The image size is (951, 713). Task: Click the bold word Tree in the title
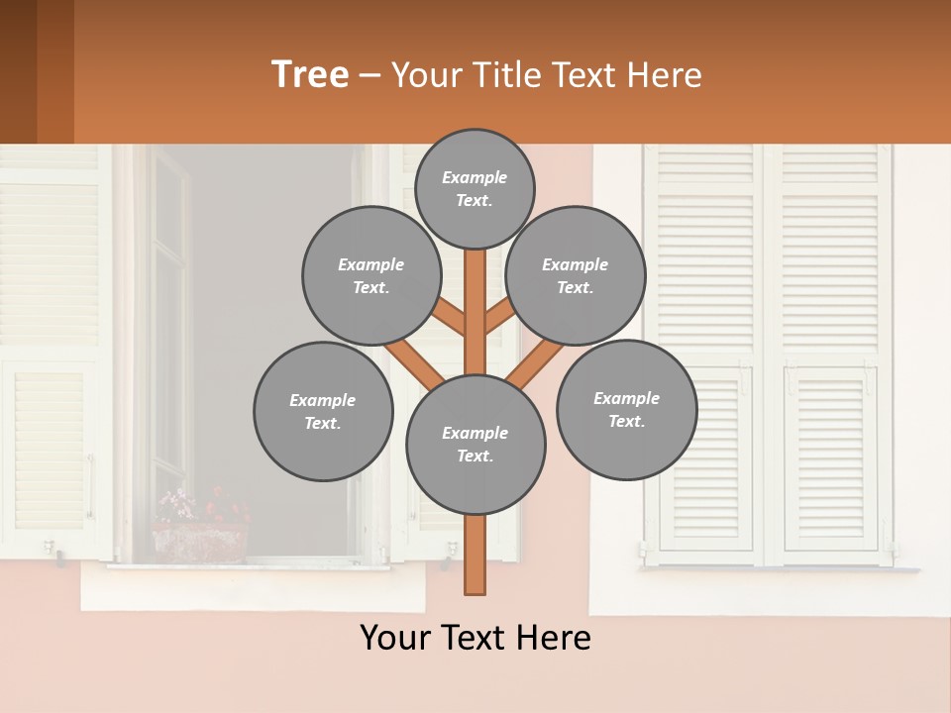pyautogui.click(x=310, y=74)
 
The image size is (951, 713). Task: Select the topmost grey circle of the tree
pyautogui.click(x=475, y=188)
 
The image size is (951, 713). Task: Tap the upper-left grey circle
pyautogui.click(x=370, y=275)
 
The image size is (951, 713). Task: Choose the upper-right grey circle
pyautogui.click(x=575, y=275)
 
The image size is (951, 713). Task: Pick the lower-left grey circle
pyautogui.click(x=322, y=411)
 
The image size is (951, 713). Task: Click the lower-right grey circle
pyautogui.click(x=626, y=409)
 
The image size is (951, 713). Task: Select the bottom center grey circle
pyautogui.click(x=475, y=444)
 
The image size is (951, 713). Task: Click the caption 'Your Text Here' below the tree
pyautogui.click(x=475, y=638)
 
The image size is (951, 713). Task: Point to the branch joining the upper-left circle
pyautogui.click(x=449, y=318)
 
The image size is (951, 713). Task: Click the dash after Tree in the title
pyautogui.click(x=370, y=75)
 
